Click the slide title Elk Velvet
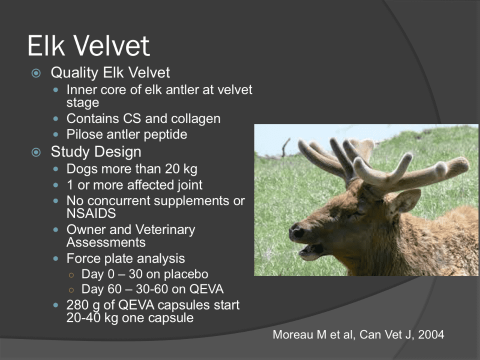89,45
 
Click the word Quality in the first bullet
74,73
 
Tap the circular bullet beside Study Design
36,152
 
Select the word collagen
195,119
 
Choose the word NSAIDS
91,213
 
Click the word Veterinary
165,230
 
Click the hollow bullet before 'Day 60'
71,290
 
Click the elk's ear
405,201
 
